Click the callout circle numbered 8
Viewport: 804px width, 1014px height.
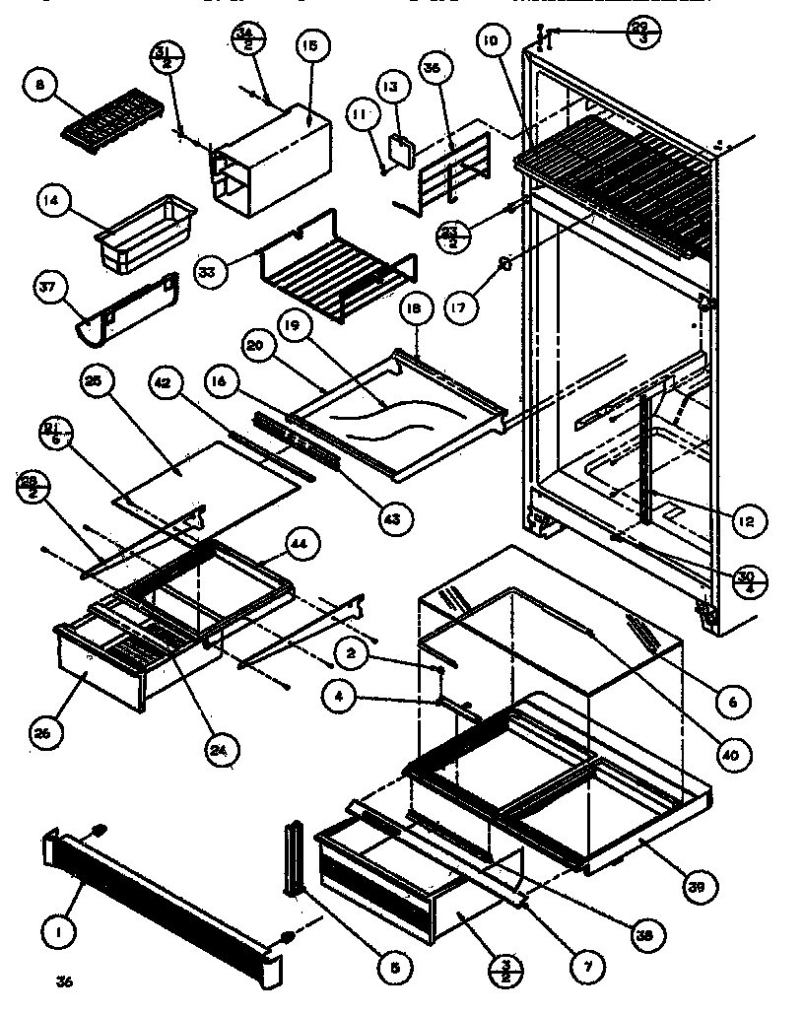(x=40, y=86)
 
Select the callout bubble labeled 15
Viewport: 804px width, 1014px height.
(x=309, y=45)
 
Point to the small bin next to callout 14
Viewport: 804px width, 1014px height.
(x=145, y=237)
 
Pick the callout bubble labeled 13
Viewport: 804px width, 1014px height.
(x=390, y=88)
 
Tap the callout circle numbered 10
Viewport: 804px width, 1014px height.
(x=490, y=41)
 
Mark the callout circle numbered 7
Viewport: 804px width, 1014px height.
(x=588, y=968)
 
